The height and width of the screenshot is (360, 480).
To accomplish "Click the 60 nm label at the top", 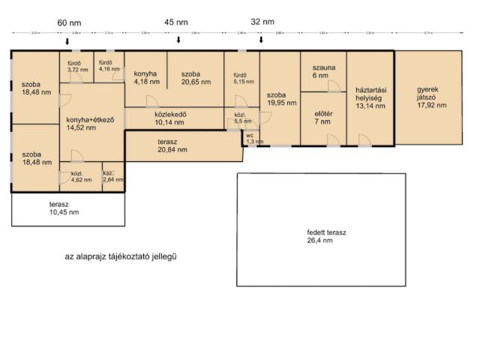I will [x=69, y=23].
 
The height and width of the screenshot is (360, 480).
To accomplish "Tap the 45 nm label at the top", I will [x=177, y=22].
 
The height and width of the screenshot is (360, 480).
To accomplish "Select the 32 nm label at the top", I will [x=262, y=22].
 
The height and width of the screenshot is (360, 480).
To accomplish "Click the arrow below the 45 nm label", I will [x=178, y=40].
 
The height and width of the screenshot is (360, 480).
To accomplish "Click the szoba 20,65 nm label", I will [x=195, y=78].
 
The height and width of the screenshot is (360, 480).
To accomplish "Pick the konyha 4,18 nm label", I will [x=145, y=78].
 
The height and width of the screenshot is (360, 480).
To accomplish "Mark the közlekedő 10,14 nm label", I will [x=170, y=118].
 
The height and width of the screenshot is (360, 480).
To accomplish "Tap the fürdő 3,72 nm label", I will [x=76, y=66].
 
